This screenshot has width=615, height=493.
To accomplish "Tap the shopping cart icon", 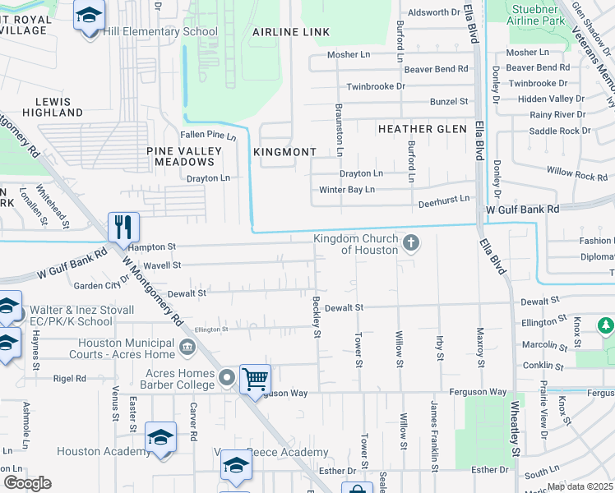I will click(256, 378).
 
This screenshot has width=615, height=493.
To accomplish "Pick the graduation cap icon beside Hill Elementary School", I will click(90, 16).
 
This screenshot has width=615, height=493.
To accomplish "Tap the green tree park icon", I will click(606, 326).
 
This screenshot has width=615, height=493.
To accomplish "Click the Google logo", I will click(26, 482).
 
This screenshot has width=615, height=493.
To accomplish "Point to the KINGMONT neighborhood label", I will click(284, 153).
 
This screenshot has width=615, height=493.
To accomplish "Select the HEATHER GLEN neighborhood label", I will click(422, 129).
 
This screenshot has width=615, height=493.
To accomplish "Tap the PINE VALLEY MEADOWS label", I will click(184, 156).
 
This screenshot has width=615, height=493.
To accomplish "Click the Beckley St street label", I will click(316, 316).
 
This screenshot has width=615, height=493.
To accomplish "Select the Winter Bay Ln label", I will click(347, 190).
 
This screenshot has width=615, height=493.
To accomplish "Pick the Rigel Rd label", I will click(70, 379).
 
